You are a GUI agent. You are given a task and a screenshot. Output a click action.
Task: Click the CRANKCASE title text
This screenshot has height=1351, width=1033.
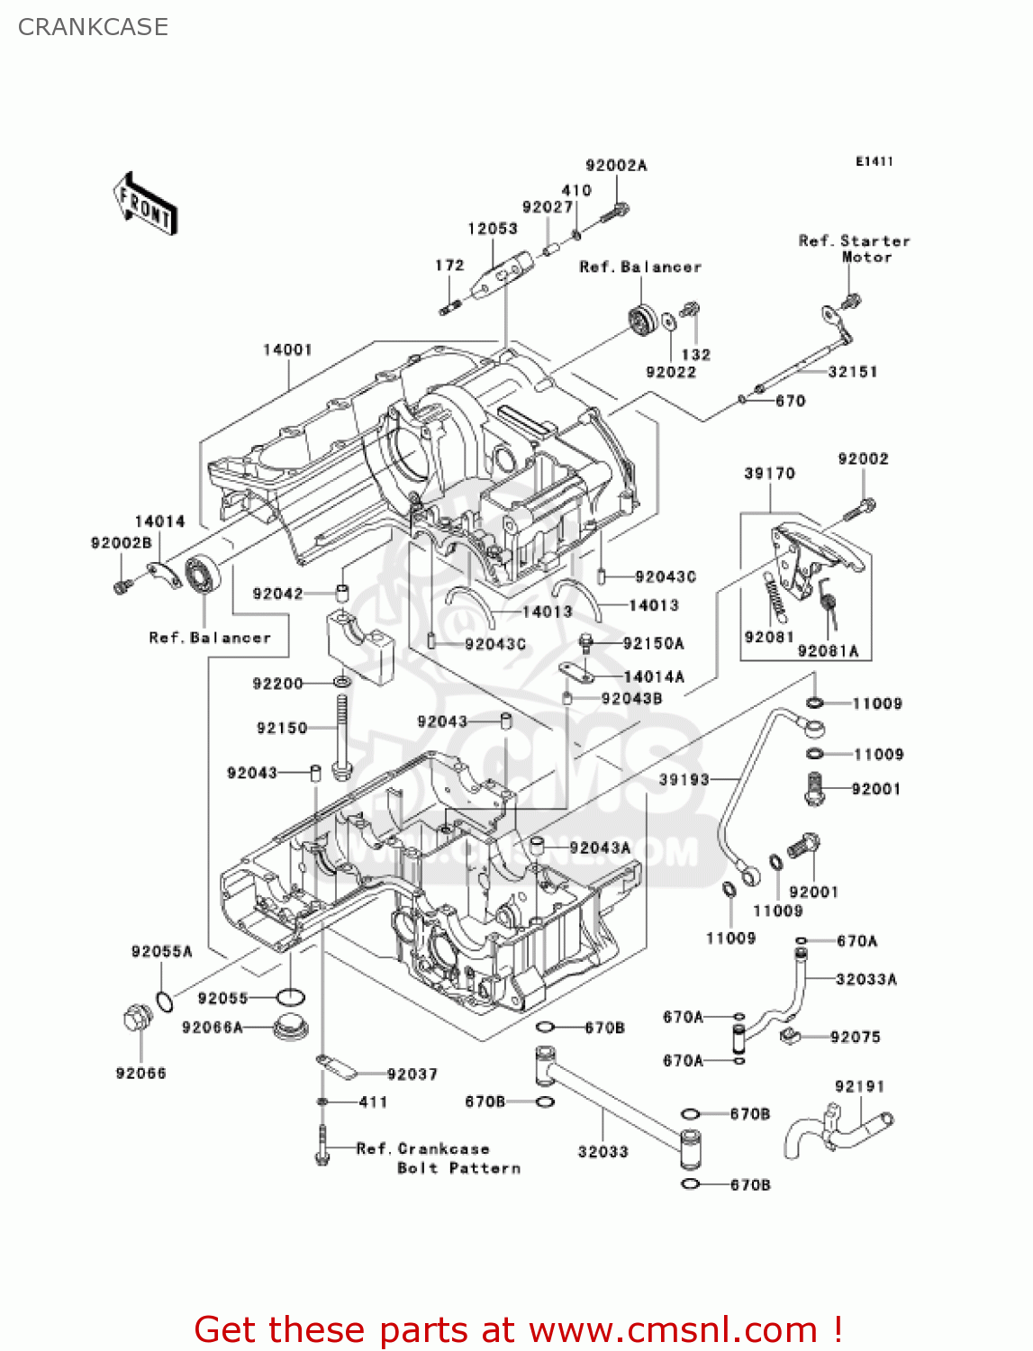(93, 27)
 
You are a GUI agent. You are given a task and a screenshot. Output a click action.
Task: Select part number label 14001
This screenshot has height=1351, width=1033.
(287, 349)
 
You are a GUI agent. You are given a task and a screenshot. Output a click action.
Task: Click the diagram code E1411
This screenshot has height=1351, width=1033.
(874, 161)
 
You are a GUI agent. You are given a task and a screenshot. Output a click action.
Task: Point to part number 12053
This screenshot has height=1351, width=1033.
(493, 229)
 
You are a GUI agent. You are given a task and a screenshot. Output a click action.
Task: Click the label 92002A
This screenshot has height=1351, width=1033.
(616, 166)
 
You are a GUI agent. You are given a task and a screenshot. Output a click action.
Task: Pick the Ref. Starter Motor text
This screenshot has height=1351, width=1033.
(854, 249)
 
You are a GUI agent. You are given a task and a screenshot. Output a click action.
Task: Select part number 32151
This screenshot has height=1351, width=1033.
(852, 372)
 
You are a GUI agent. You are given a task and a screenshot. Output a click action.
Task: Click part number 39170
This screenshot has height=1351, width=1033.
(769, 474)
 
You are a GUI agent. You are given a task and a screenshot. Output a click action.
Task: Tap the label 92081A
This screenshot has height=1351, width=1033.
(828, 651)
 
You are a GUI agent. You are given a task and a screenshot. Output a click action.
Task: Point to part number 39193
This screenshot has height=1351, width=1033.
(684, 780)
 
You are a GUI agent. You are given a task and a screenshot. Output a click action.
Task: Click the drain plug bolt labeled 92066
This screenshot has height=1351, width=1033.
(137, 1020)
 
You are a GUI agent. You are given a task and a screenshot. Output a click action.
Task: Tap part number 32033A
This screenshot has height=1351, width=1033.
(865, 980)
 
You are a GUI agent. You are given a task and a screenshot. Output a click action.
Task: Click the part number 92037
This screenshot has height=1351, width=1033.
(412, 1074)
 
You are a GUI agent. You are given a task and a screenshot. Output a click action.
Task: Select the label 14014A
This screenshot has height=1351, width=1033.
(654, 676)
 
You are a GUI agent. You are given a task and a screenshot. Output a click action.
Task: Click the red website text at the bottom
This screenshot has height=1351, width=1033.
(518, 1329)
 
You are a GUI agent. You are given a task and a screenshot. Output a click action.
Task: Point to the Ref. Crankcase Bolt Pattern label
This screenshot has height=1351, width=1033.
(438, 1158)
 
